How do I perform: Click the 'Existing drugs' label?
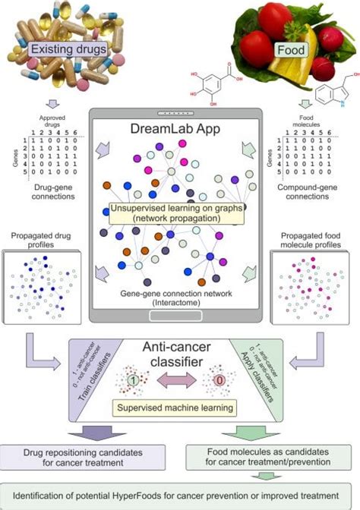[66, 50]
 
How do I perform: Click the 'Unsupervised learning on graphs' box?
[180, 213]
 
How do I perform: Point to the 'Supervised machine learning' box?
[179, 408]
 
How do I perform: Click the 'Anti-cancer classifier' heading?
[180, 357]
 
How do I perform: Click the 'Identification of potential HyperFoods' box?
[179, 494]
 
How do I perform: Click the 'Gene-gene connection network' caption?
[180, 297]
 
